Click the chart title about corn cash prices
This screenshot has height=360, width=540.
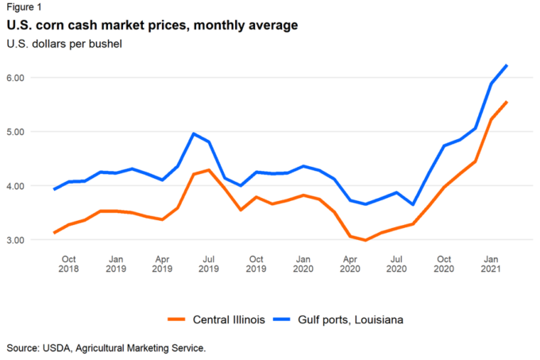pyautogui.click(x=152, y=25)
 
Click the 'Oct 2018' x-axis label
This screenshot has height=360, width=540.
pyautogui.click(x=69, y=265)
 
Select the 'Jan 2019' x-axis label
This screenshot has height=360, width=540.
pyautogui.click(x=116, y=265)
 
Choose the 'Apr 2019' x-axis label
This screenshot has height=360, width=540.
pyautogui.click(x=163, y=265)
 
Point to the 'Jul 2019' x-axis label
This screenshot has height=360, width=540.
pyautogui.click(x=210, y=265)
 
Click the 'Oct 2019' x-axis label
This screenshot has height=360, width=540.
pyautogui.click(x=256, y=265)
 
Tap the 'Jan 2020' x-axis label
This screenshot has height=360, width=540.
pyautogui.click(x=303, y=265)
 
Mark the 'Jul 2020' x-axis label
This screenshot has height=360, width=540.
pyautogui.click(x=397, y=265)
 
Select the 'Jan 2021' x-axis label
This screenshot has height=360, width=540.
pyautogui.click(x=492, y=265)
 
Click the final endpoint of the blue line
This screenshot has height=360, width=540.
pyautogui.click(x=507, y=65)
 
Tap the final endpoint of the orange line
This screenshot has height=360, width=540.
pyautogui.click(x=507, y=102)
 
